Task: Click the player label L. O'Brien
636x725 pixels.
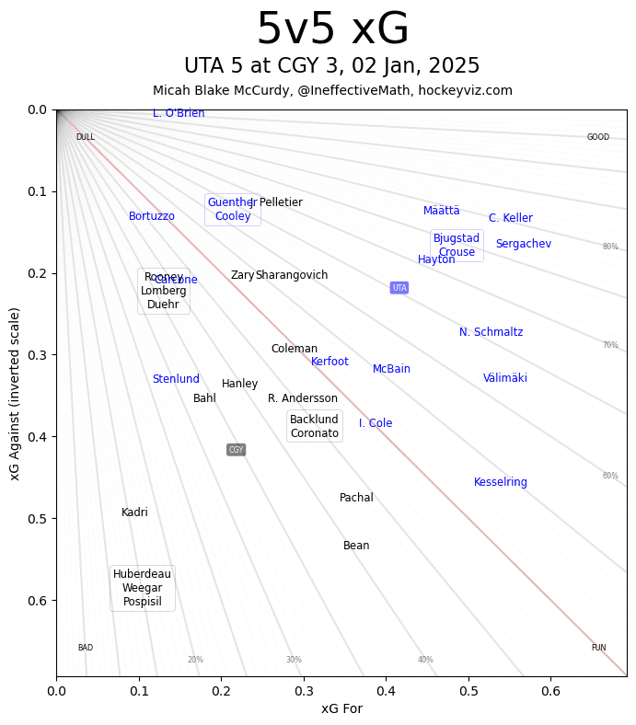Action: point(179,113)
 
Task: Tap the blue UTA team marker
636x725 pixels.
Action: point(399,288)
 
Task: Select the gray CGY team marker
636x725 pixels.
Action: point(236,450)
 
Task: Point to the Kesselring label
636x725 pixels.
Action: point(501,482)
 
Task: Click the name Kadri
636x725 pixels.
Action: point(134,512)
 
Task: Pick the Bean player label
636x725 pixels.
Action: point(356,546)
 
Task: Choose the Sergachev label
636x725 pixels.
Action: point(524,244)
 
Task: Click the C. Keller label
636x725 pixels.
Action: point(511,218)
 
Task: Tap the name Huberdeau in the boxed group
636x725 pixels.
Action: point(142,574)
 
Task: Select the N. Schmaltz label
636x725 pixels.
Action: point(491,332)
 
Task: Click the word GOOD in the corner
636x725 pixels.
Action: point(598,137)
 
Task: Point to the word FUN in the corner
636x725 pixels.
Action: point(598,648)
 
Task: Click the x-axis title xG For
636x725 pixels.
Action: point(341,708)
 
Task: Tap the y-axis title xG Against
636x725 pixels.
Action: point(15,393)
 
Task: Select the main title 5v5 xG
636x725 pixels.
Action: point(332,29)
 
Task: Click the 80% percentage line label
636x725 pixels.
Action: point(610,247)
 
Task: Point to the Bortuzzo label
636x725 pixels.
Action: point(152,216)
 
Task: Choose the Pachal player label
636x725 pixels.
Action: point(356,498)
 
